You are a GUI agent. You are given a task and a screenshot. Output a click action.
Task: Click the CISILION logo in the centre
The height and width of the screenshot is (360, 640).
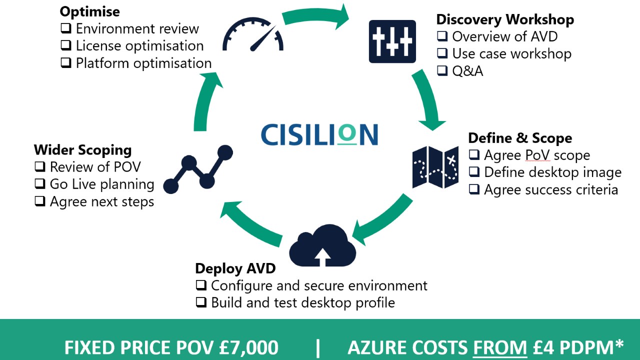point(319,134)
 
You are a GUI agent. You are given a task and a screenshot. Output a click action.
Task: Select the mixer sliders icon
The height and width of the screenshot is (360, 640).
point(392,41)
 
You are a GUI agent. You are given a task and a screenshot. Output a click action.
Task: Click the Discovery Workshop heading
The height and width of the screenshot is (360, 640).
point(505,19)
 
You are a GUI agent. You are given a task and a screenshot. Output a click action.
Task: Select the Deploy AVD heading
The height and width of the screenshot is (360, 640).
point(235,268)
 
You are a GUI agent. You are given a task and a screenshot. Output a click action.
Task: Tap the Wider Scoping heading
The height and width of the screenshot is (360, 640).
point(82,149)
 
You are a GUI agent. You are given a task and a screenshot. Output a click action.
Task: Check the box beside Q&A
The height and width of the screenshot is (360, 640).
point(442,70)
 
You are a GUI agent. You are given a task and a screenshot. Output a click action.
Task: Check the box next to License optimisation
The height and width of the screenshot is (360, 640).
point(66,45)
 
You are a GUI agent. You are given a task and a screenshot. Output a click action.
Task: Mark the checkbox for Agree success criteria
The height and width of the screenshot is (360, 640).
point(474,189)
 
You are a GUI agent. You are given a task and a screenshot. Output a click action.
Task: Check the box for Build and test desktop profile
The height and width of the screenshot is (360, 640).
point(201,302)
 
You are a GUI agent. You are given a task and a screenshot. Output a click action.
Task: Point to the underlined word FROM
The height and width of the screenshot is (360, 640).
point(502,348)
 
